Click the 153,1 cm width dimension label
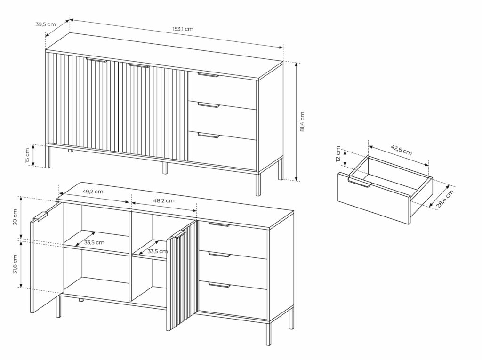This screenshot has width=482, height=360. pyautogui.click(x=183, y=29)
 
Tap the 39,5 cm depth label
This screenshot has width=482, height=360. pyautogui.click(x=46, y=24)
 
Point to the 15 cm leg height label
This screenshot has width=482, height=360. pyautogui.click(x=27, y=156)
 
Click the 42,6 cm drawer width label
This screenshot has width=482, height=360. pyautogui.click(x=401, y=150)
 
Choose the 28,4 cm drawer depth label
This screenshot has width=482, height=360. pyautogui.click(x=445, y=199)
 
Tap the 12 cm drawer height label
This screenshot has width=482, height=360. pyautogui.click(x=338, y=154)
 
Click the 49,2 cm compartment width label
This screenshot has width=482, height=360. pyautogui.click(x=93, y=191)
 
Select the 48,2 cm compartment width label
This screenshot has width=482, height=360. pyautogui.click(x=164, y=200)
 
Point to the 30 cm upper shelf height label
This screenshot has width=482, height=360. pyautogui.click(x=15, y=217)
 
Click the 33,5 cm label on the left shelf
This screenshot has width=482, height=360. pyautogui.click(x=94, y=242)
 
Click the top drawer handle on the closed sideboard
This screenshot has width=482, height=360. pyautogui.click(x=208, y=75)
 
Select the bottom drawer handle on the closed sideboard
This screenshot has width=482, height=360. pyautogui.click(x=209, y=135)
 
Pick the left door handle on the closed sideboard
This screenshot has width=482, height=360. pyautogui.click(x=96, y=60)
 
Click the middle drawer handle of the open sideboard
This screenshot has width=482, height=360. pyautogui.click(x=219, y=255)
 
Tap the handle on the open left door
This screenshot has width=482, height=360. pyautogui.click(x=40, y=216)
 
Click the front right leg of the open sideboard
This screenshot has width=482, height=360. pyautogui.click(x=268, y=334)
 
